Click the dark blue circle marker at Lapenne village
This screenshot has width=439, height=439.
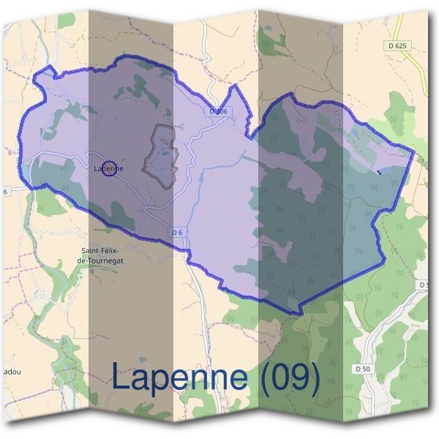click(x=108, y=168)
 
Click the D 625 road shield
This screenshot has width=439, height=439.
click(x=395, y=45)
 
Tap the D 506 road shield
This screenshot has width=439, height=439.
click(x=218, y=111)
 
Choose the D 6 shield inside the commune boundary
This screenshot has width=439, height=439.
click(x=176, y=232)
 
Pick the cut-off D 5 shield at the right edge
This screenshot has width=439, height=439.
click(x=424, y=284)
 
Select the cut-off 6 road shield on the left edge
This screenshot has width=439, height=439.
click(x=4, y=192)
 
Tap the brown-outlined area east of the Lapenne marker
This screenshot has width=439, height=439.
click(x=162, y=152)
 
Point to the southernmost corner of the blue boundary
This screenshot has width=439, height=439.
click(x=296, y=313)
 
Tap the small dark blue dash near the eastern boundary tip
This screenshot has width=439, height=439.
click(x=378, y=172)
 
